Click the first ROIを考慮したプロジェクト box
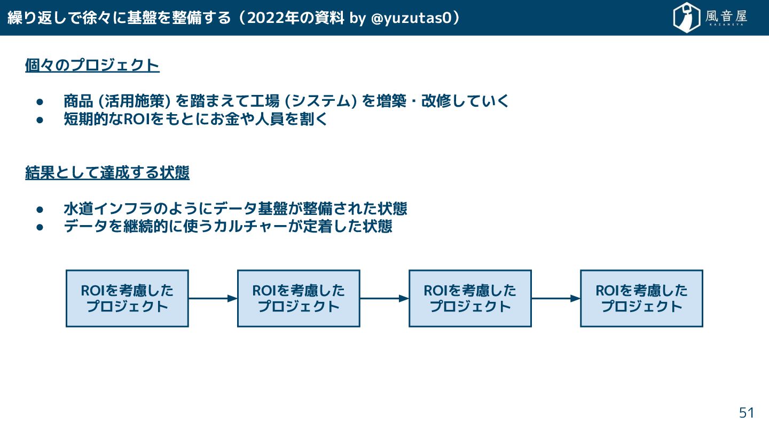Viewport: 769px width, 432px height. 127,298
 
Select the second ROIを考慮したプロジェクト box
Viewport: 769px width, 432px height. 299,298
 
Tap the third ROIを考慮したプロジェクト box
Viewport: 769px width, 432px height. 470,298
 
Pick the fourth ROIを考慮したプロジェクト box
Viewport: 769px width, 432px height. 641,298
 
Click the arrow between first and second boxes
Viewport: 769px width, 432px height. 213,299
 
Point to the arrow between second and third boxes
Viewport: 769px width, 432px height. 384,299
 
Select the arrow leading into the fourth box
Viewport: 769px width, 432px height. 555,299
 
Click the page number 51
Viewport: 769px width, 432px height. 746,413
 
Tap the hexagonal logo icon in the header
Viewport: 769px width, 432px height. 687,18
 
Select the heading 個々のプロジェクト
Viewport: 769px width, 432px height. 92,66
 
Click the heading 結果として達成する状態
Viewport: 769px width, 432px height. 107,173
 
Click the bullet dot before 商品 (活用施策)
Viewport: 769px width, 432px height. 40,101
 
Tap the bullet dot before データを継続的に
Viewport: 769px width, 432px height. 40,227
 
